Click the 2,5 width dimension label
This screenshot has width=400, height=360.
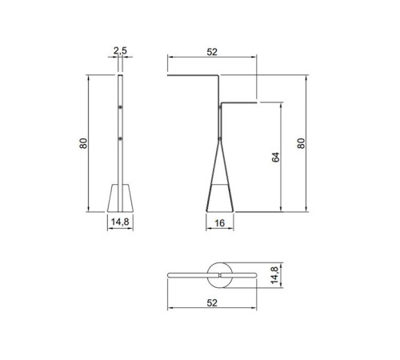120,51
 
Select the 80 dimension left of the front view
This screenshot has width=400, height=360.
82,143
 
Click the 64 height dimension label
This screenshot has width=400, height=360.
274,158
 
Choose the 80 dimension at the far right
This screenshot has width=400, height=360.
301,143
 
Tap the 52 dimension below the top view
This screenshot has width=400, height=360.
211,303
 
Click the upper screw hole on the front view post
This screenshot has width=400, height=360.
120,106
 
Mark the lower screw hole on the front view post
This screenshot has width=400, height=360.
120,139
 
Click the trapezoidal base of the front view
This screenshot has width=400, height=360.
119,198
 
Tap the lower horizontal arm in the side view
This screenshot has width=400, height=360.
238,102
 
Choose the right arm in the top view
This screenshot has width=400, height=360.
240,274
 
